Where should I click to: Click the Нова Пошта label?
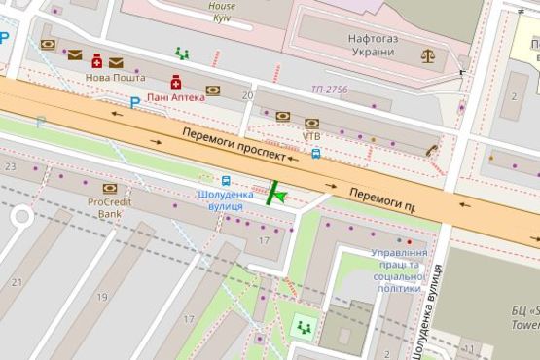pos(109,78)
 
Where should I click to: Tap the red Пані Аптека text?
pos(176,97)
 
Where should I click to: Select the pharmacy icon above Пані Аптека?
pos(176,81)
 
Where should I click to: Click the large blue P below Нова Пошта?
pos(135,101)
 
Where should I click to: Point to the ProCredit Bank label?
pos(109,207)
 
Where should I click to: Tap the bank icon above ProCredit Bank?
pos(109,188)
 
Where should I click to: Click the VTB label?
pos(311,136)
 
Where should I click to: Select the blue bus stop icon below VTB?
pos(316,153)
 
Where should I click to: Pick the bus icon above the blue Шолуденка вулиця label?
pos(226,180)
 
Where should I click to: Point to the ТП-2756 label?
pos(329,90)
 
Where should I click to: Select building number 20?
pos(247,95)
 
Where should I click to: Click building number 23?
pos(11,167)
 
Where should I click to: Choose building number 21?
pos(17,282)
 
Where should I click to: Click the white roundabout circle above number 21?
pos(19,219)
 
